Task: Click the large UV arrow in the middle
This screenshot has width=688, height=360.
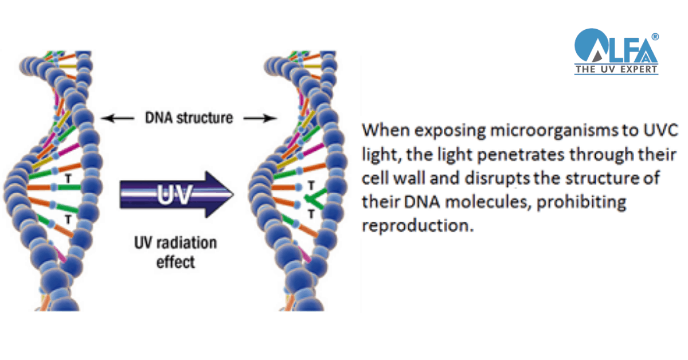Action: pos(177,194)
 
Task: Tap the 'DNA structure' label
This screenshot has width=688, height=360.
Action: pos(189,118)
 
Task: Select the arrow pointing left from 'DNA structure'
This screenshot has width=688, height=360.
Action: pos(118,118)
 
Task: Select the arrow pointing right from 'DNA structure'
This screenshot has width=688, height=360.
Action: pos(260,118)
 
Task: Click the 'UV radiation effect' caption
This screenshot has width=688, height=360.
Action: pos(175,252)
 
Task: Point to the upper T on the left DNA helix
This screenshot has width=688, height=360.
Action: pos(68,178)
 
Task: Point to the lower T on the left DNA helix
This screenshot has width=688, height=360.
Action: pos(68,220)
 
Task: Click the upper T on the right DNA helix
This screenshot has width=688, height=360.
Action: pos(311,186)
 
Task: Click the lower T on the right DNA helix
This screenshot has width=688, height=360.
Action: pos(311,214)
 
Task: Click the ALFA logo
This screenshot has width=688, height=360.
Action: pos(616,51)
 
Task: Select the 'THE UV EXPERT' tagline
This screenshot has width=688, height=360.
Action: pos(616,69)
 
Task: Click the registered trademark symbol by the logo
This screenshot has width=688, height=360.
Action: pos(655,37)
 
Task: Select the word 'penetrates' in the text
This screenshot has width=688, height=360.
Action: pos(521,155)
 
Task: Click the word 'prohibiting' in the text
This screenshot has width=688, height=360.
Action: pos(581,202)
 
